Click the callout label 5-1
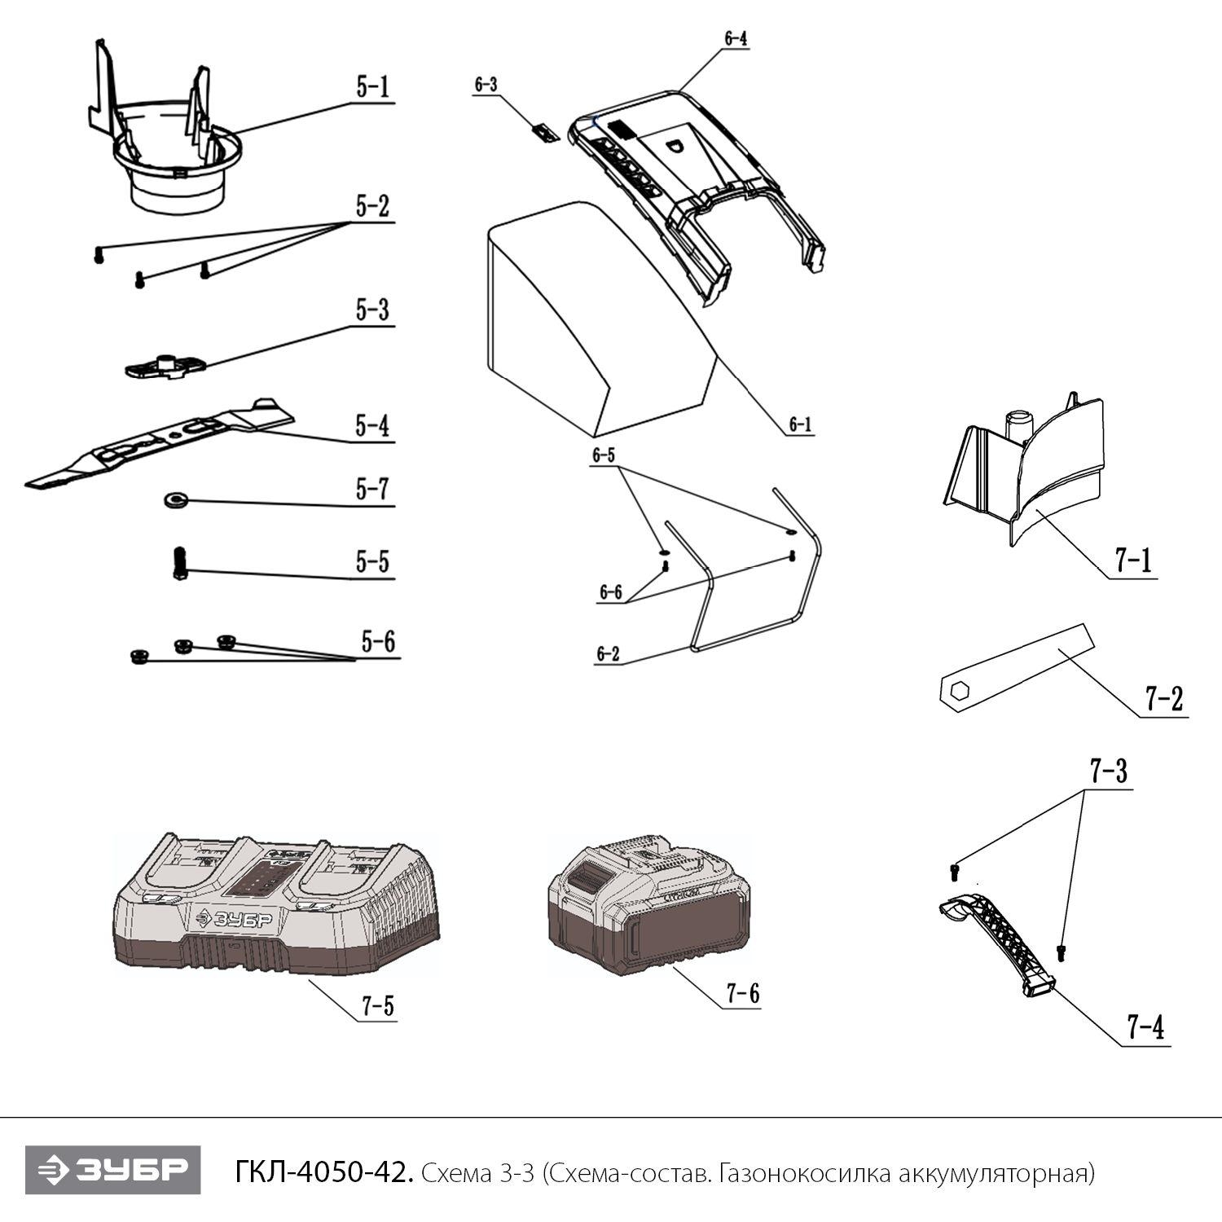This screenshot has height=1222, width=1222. pos(372,88)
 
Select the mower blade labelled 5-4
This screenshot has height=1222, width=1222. pos(163,444)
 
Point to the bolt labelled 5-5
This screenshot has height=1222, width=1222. pos(180,562)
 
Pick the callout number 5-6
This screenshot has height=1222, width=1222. pos(378,642)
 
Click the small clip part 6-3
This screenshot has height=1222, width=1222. pos(543,130)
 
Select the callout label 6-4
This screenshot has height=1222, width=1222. pos(735,38)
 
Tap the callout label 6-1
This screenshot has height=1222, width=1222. pos(800,424)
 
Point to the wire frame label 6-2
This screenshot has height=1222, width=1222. pos(608,653)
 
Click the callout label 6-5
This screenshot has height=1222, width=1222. pos(604,455)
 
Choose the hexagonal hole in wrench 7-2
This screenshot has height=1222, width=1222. pos(956,692)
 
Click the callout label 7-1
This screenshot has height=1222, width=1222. pos(1133,560)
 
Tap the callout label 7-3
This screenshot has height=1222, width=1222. pos(1109,771)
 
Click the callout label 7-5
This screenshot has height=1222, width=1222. pos(378,1006)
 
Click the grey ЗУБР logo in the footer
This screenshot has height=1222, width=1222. pos(112,1170)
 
